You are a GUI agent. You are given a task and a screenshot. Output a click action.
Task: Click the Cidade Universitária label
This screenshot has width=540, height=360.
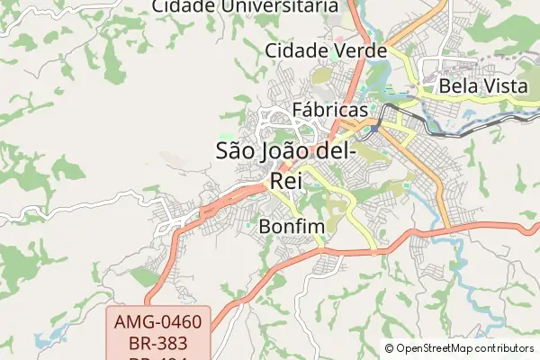(x=244, y=6)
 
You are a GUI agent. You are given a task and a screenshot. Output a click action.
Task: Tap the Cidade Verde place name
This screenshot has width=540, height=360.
(x=326, y=50)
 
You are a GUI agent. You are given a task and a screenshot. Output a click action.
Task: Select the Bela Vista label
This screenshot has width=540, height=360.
(x=483, y=87)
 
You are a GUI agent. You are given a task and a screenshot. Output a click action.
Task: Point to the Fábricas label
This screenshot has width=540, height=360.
(x=331, y=110)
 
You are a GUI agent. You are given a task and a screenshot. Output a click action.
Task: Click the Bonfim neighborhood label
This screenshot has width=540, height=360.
(x=291, y=227)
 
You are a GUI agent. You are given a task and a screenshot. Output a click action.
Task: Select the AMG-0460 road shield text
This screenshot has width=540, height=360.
(x=159, y=321)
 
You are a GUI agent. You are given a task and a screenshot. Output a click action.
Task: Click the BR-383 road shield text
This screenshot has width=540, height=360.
(x=159, y=343)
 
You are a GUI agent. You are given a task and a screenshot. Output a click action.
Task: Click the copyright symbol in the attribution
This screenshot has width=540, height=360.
(x=389, y=348)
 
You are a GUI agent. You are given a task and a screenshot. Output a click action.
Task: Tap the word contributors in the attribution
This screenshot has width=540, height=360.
(x=503, y=348)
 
